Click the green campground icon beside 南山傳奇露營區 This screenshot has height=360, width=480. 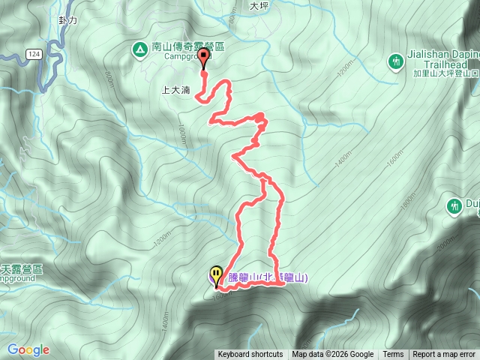pos(139,50)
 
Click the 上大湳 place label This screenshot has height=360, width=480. pos(175,89)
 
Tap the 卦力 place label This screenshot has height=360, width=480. pos(67,21)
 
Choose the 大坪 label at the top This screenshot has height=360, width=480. pos(259,5)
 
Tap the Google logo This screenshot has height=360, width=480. pos(28,349)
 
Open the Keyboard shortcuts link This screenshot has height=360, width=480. pos(250,355)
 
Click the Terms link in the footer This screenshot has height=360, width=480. pos(393,355)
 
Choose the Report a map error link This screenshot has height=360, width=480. pos(445,355)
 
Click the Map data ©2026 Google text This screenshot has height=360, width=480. pos(333,355)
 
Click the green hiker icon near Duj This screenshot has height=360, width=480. pos(454,205)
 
